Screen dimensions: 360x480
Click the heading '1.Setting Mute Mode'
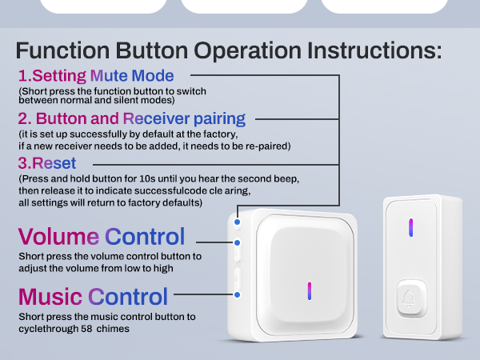click(96, 77)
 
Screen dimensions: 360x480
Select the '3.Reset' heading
click(47, 163)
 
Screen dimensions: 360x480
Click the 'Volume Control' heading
click(102, 237)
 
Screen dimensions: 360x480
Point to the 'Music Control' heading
click(94, 297)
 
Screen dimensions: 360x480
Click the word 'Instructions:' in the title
click(373, 50)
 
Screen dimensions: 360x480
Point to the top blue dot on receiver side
click(238, 217)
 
